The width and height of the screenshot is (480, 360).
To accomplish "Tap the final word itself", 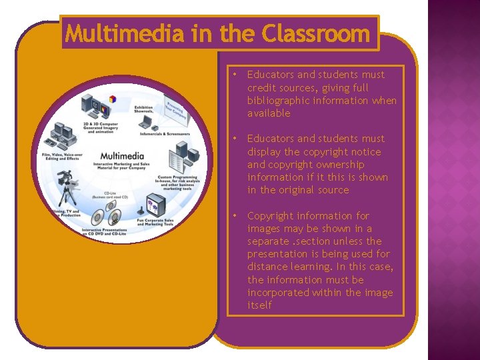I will tap(259, 305).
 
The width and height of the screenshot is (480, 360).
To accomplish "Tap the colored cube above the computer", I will tap(113, 99).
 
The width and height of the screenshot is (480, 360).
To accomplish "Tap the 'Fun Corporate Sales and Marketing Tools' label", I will tap(155, 222).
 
